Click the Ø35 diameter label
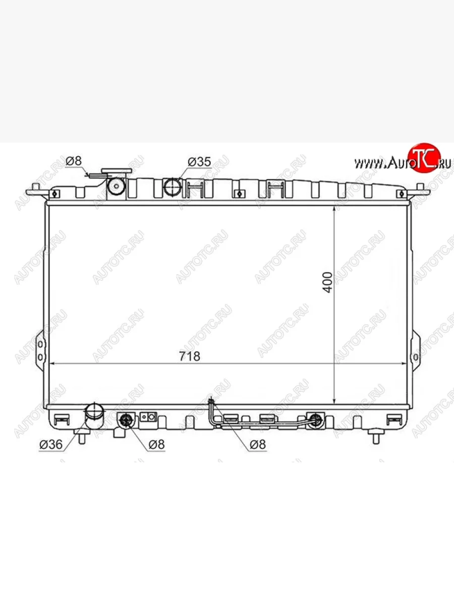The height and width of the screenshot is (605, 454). (x=199, y=162)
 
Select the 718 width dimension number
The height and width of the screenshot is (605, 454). (x=189, y=356)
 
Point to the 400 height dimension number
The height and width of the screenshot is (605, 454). (x=327, y=282)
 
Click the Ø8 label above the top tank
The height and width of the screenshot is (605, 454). (x=74, y=161)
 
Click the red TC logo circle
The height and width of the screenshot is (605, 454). (x=424, y=158)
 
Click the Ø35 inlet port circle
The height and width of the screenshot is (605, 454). (x=173, y=187)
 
